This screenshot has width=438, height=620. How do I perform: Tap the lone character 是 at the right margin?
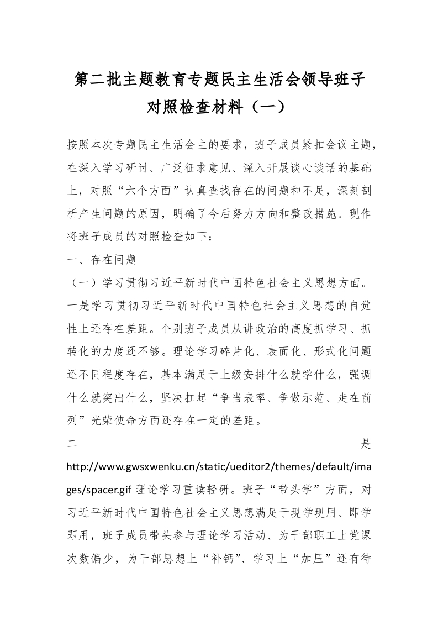click(366, 444)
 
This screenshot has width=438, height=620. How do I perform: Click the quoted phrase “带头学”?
click(271, 490)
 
